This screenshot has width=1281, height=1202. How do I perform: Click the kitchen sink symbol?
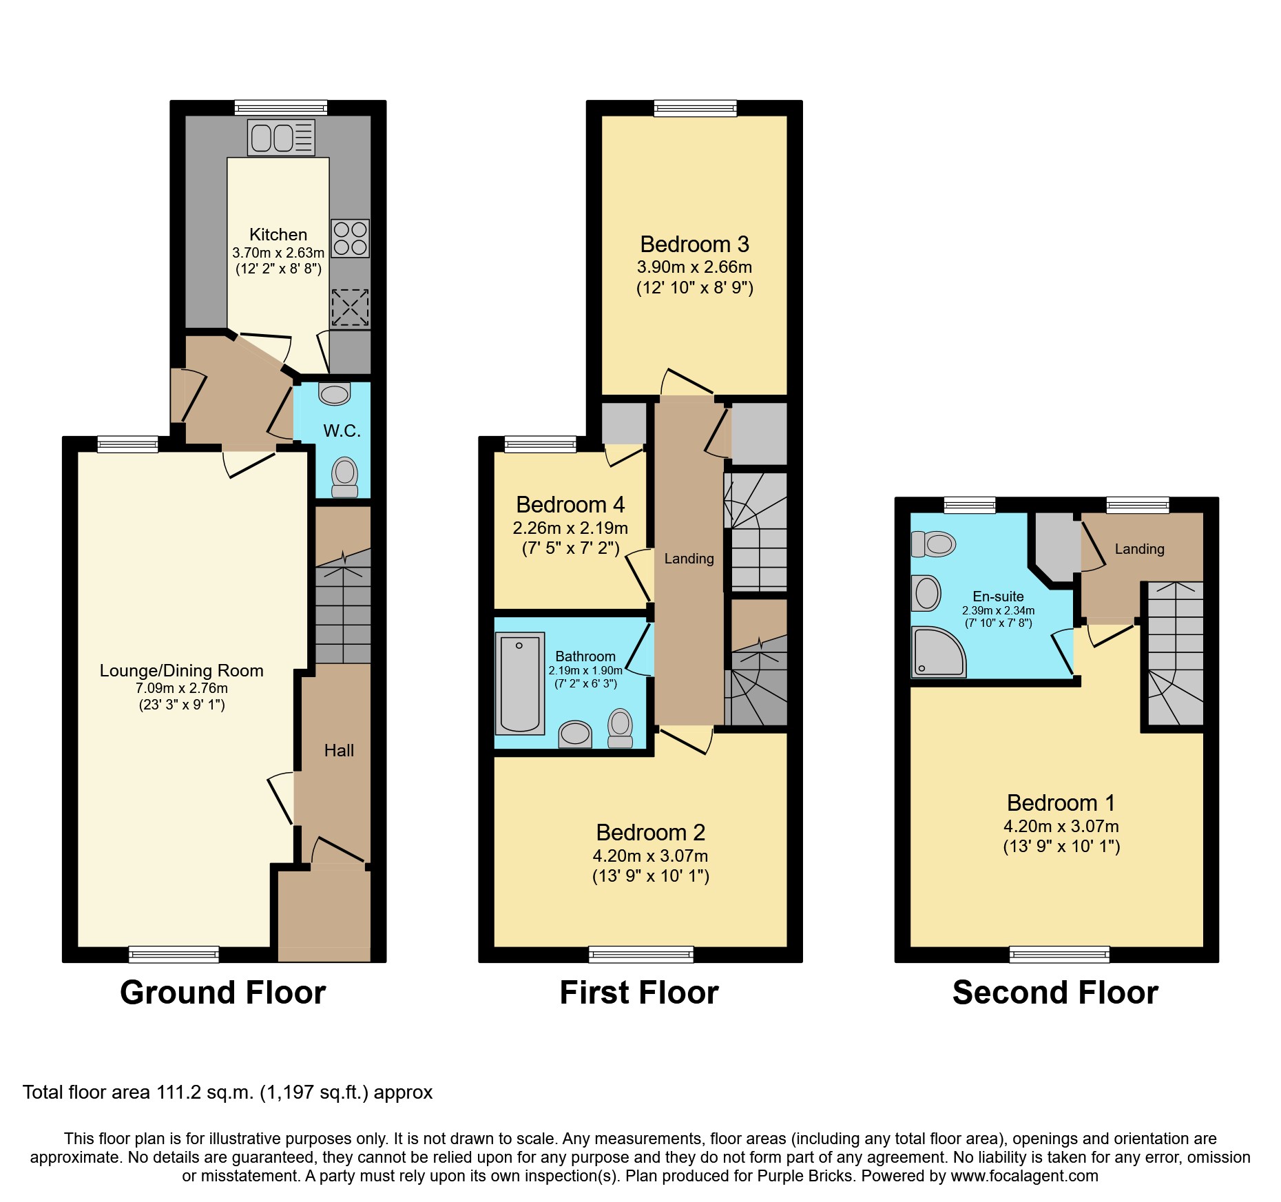(281, 138)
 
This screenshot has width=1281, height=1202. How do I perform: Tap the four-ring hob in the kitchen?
(350, 238)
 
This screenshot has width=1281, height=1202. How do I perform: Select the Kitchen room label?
(278, 234)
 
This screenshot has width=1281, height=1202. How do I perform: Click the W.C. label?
(342, 431)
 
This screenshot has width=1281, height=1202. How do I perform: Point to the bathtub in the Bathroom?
(519, 683)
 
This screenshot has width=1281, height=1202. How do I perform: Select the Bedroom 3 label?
(694, 245)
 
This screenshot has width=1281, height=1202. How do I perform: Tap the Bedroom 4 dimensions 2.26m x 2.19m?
(570, 528)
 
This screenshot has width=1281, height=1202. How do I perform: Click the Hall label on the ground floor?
(339, 751)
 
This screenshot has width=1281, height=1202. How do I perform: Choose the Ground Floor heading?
(222, 993)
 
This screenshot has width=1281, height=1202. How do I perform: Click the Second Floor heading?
(1055, 993)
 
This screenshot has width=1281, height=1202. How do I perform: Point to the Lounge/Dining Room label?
(181, 671)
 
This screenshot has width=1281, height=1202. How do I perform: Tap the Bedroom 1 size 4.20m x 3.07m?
(1061, 826)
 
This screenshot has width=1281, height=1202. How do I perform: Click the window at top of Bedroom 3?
(695, 108)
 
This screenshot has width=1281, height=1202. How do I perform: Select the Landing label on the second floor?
(1139, 549)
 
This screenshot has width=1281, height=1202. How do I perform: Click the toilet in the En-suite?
(934, 544)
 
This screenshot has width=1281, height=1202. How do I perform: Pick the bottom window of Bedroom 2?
(641, 954)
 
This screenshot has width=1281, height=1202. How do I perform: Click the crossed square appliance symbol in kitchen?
(350, 307)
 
